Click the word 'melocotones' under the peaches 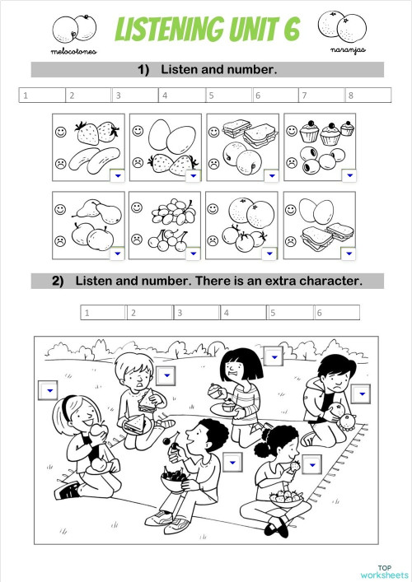pos(74,51)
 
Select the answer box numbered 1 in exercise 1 pos(42,95)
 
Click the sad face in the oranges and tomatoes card pos(214,241)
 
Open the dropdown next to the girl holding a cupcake pos(274,355)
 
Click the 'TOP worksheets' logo pos(383,571)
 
